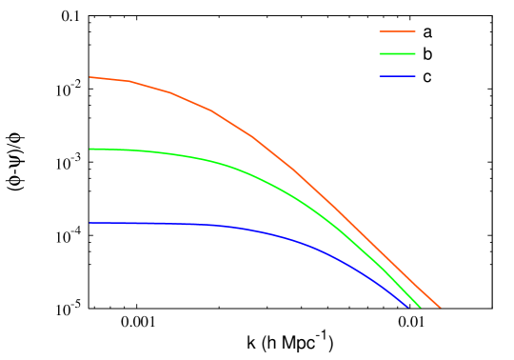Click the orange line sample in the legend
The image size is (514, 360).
pos(397,31)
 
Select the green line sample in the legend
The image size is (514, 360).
pos(397,54)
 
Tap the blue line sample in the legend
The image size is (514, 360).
pos(397,76)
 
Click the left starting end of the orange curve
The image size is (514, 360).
pos(90,77)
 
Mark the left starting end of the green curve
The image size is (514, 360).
pos(90,149)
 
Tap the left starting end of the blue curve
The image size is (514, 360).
pos(90,223)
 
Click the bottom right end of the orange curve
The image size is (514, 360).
pos(440,308)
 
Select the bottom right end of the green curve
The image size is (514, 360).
pos(420,308)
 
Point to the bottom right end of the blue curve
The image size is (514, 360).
pos(407,307)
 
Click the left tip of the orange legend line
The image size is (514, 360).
pos(380,31)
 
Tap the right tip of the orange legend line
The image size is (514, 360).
pos(415,31)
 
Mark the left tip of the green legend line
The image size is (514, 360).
pos(380,54)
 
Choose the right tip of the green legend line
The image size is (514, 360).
pos(415,54)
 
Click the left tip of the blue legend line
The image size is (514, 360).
pos(380,76)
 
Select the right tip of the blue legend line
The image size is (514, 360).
pos(415,76)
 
